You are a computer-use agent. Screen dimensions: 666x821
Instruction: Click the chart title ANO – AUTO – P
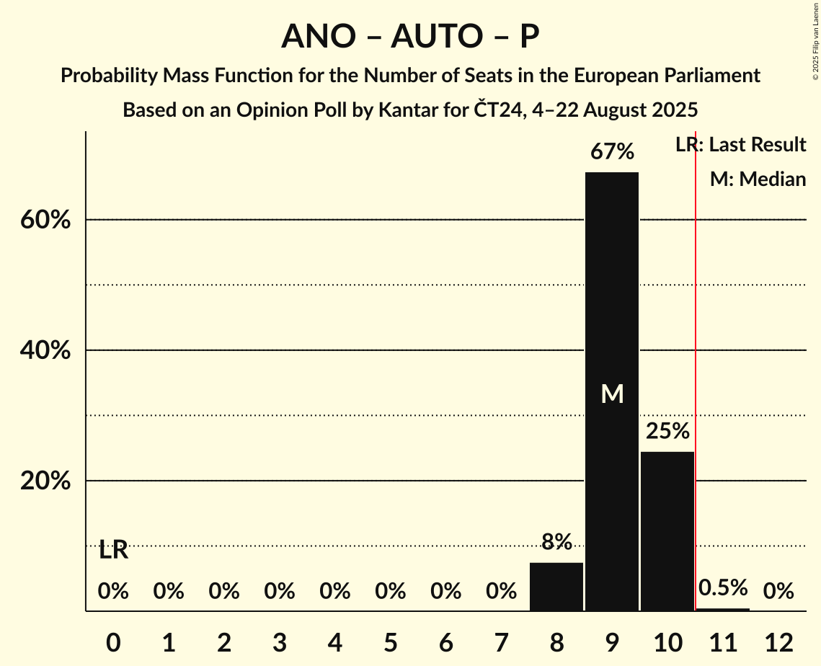410,36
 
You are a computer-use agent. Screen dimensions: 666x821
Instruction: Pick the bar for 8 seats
556,587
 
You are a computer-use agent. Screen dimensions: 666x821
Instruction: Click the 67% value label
612,152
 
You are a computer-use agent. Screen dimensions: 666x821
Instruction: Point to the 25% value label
667,431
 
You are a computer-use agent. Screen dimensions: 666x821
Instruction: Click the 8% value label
556,542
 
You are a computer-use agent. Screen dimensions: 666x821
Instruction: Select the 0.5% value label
723,588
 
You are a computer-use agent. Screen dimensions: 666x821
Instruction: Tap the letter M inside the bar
612,394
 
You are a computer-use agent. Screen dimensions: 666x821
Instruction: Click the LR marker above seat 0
113,550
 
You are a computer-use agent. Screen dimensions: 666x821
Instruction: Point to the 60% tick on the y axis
45,220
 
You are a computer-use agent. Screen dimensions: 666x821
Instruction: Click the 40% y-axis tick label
45,350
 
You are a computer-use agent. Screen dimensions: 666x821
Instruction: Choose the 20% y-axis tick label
45,481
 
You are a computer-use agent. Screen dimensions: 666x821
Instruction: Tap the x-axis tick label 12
778,641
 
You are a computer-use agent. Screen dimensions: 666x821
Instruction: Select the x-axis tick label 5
390,641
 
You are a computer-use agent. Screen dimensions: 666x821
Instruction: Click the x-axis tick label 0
113,641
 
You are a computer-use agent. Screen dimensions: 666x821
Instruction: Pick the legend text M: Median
758,179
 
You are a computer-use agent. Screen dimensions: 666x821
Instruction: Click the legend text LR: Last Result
740,145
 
